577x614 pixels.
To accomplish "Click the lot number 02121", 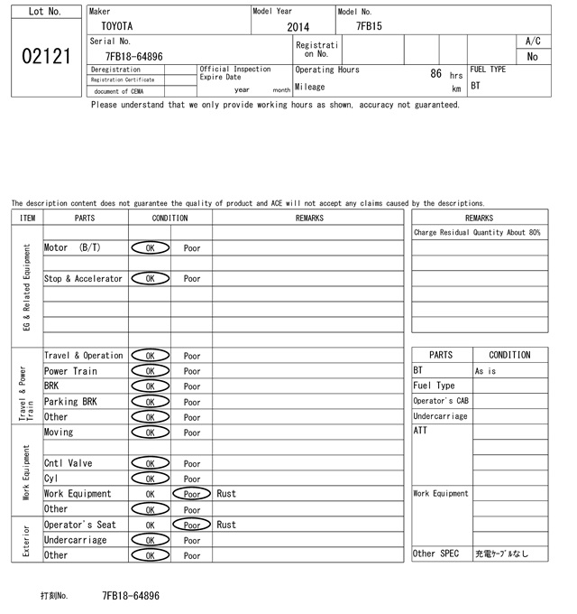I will point(45,56).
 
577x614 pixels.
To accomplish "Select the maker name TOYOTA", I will point(116,26).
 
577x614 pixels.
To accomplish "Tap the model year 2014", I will point(298,27).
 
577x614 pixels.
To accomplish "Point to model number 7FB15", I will point(369,26).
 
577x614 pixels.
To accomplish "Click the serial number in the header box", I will point(134,56).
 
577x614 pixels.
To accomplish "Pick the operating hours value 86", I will point(436,74).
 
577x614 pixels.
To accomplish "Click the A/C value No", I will point(532,56).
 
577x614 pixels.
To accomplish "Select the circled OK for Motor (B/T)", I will point(151,247).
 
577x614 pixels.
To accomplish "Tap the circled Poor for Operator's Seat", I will point(192,525).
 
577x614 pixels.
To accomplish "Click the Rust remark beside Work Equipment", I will point(226,494).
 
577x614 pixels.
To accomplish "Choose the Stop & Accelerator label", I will point(83,279).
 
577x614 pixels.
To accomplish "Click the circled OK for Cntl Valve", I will point(151,463).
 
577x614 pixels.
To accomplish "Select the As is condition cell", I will point(486,371).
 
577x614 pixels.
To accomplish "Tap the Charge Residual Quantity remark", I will point(477,233).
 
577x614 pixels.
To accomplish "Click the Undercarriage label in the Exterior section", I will point(75,540).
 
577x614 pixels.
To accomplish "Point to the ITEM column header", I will point(27,218).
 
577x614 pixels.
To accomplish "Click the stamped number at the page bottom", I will point(131,596).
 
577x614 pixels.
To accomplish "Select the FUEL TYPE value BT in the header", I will point(476,87).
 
